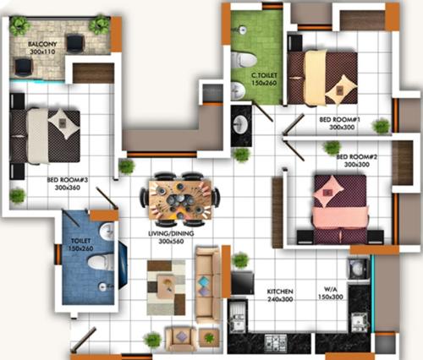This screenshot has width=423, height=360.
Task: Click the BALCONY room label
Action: click(42, 43)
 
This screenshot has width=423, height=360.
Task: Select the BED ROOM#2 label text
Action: click(355, 156)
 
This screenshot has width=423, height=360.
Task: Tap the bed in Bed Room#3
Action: click(47, 135)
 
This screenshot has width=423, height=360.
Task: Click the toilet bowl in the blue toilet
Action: click(100, 262)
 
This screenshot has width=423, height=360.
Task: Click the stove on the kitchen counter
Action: click(277, 342)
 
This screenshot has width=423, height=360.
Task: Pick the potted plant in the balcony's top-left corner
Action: click(19, 25)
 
